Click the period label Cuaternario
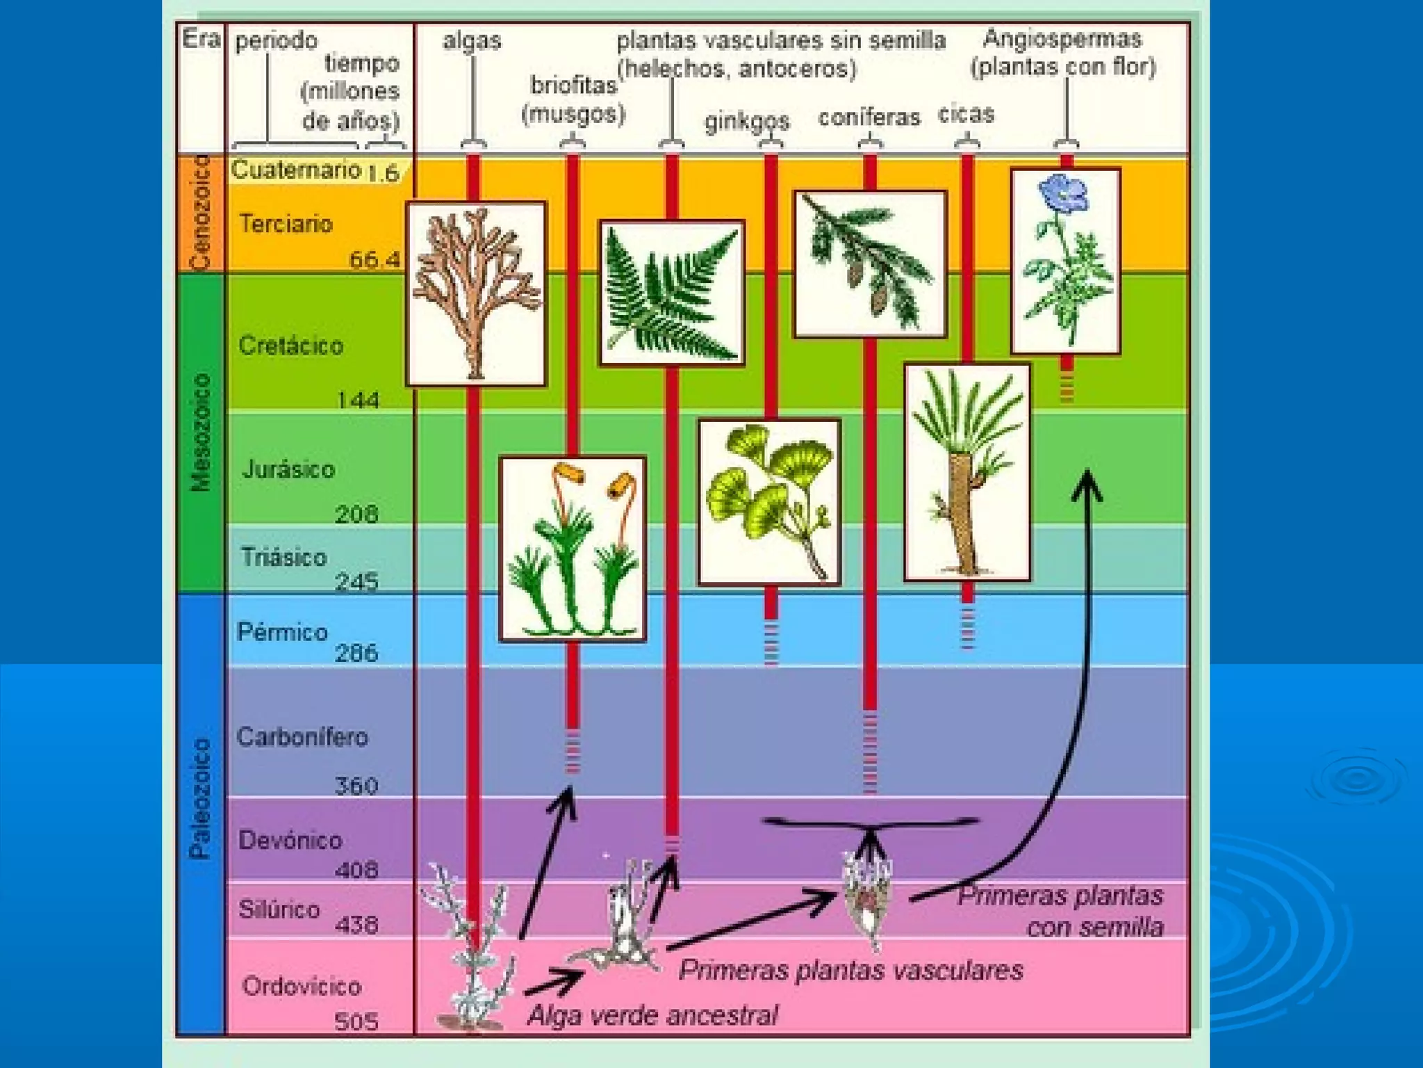pyautogui.click(x=296, y=170)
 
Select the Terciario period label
pyautogui.click(x=286, y=224)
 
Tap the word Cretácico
pyautogui.click(x=290, y=346)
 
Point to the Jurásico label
pyautogui.click(x=288, y=469)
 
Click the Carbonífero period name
pyautogui.click(x=302, y=737)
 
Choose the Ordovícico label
pyautogui.click(x=302, y=986)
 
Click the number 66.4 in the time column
pyautogui.click(x=375, y=260)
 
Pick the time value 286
pyautogui.click(x=356, y=653)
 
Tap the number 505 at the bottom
pyautogui.click(x=356, y=1021)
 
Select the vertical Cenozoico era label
pyautogui.click(x=200, y=213)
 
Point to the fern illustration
pyautogui.click(x=671, y=293)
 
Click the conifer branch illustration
pyautogui.click(x=870, y=264)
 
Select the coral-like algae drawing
pyautogui.click(x=476, y=293)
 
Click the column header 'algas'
pyautogui.click(x=472, y=40)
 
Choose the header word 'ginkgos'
pyautogui.click(x=747, y=122)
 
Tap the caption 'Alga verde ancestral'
pyautogui.click(x=652, y=1016)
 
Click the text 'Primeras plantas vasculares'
pyautogui.click(x=850, y=970)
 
